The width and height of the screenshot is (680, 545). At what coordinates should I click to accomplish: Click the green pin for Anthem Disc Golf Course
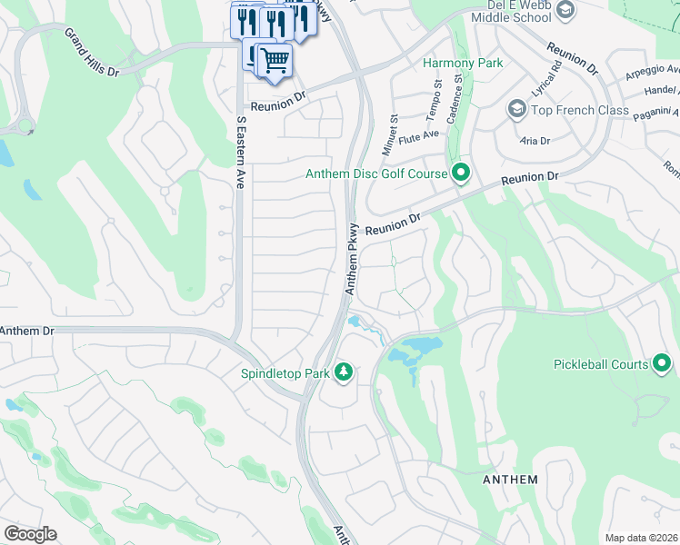pos(461,172)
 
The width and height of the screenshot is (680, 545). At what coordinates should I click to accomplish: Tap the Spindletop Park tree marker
pos(344,371)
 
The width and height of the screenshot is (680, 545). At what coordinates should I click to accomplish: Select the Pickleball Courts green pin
pos(662,364)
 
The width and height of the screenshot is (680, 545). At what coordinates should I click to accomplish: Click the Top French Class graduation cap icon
pos(516,110)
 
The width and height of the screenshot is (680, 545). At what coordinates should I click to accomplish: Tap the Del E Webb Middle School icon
pos(565,10)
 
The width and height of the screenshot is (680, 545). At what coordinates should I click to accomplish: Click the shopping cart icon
pos(275,60)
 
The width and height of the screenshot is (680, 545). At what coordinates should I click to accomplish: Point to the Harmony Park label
pos(463,63)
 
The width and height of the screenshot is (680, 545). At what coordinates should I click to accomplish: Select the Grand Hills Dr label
pos(91,49)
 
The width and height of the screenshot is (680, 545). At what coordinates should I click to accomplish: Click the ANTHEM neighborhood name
pos(510,479)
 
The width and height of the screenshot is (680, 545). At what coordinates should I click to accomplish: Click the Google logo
pos(31,534)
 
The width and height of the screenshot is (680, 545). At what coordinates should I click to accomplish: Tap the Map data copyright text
pos(641,538)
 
